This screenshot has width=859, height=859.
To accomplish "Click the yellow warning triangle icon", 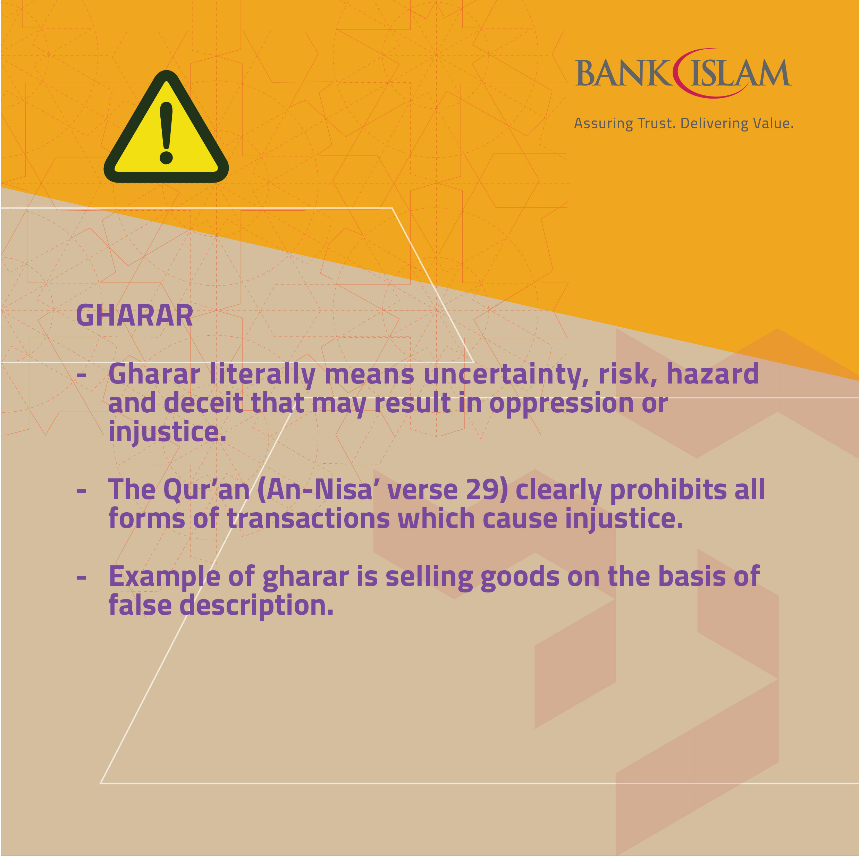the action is click(x=166, y=129).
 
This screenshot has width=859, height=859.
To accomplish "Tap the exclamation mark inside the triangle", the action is click(x=166, y=133).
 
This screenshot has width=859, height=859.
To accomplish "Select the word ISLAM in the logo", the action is click(x=741, y=73).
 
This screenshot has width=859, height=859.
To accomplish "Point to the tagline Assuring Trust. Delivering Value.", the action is click(x=683, y=123).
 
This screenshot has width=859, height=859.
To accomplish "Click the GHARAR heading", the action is click(x=135, y=316).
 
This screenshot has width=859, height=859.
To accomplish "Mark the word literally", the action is click(x=262, y=375).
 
